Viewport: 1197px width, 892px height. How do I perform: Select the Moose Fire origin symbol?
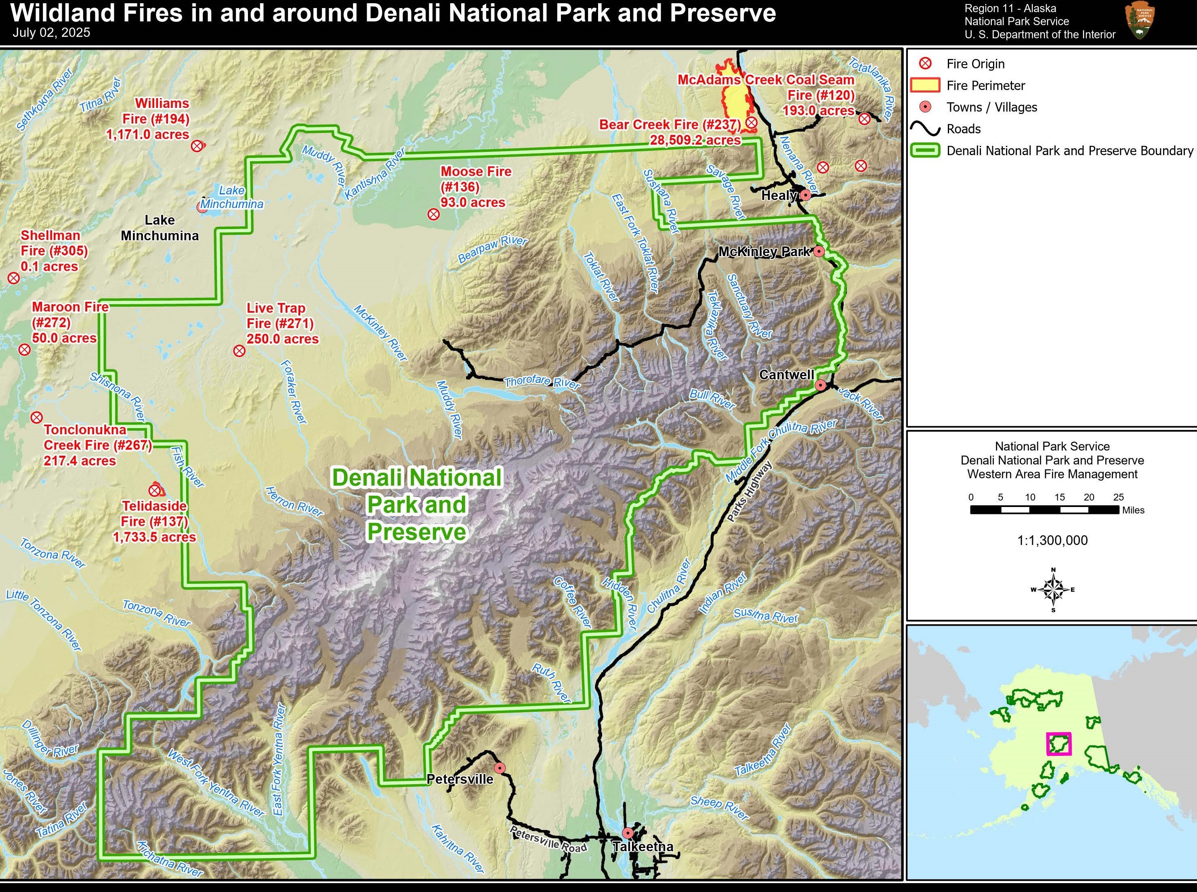(x=433, y=215)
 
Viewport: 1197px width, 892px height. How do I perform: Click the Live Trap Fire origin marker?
(x=239, y=351)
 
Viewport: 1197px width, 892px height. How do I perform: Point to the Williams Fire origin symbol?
(x=197, y=146)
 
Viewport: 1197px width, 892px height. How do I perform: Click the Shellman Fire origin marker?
(x=13, y=278)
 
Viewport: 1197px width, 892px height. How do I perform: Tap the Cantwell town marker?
(x=820, y=385)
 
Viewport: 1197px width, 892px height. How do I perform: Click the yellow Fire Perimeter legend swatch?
(x=925, y=85)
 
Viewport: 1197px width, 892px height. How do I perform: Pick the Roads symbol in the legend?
(x=925, y=128)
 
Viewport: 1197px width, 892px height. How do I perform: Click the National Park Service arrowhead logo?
(x=1139, y=21)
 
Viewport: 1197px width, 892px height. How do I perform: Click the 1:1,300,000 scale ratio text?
(x=1052, y=541)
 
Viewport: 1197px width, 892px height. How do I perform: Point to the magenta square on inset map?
(x=1059, y=743)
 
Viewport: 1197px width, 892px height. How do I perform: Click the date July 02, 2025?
(x=51, y=33)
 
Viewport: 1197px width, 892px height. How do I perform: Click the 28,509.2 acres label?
(x=695, y=141)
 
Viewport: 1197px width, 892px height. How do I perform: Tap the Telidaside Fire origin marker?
(x=155, y=490)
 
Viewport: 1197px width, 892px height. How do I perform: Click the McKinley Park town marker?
(x=819, y=251)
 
